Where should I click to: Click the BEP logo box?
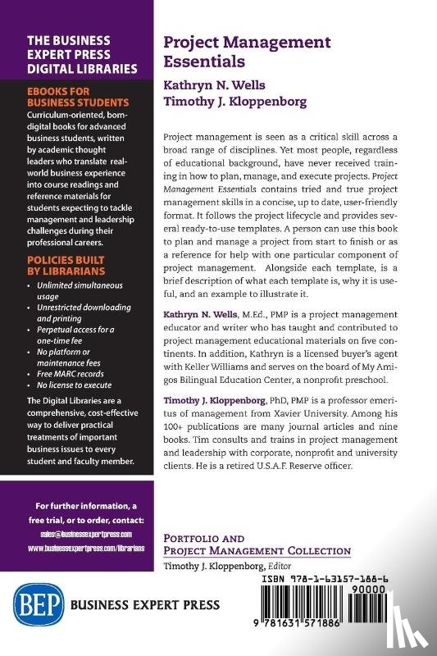point(37,606)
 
